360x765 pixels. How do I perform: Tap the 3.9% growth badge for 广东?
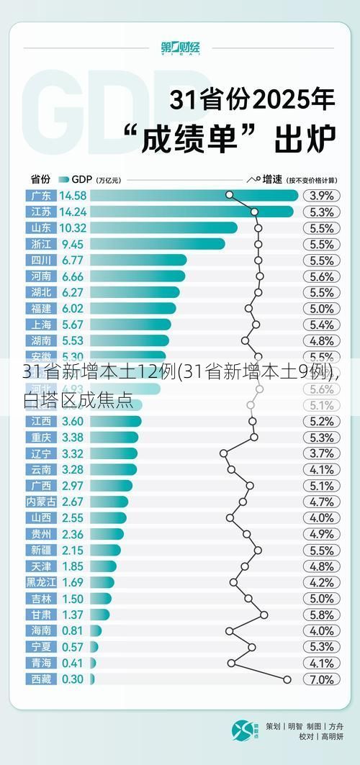tap(321, 195)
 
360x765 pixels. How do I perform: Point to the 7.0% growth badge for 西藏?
tap(321, 679)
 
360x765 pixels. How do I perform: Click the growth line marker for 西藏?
tap(287, 679)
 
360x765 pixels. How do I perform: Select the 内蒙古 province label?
tap(40, 502)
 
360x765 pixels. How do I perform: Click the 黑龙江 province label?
tap(40, 582)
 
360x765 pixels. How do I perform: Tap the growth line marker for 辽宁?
tap(223, 453)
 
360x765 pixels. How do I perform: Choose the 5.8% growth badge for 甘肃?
tap(321, 615)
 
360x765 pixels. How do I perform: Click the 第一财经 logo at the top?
tap(180, 48)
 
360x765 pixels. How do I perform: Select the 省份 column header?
tap(40, 178)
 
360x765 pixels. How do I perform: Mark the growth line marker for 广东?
tap(229, 194)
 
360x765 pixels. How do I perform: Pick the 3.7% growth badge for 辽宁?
tap(321, 453)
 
